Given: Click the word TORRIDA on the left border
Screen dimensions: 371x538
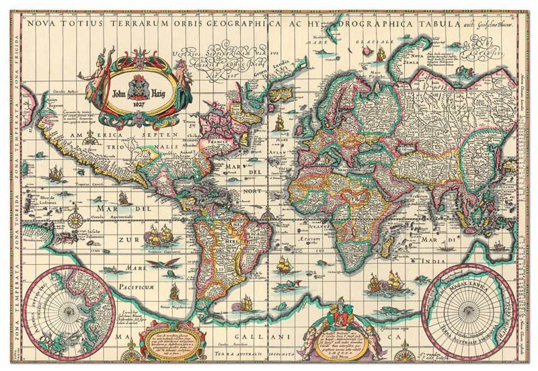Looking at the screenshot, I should pyautogui.click(x=10, y=202).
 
